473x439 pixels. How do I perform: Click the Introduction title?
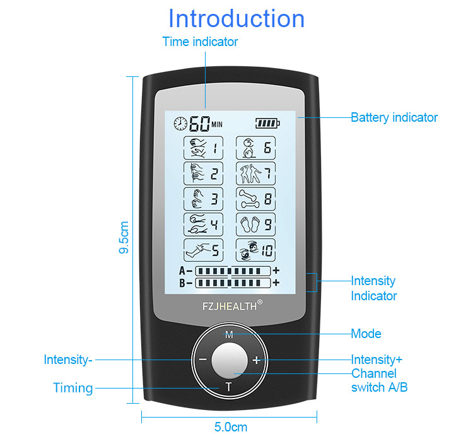tap(237, 18)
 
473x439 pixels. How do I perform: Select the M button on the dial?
tap(229, 334)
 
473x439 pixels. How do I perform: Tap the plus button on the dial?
tap(255, 361)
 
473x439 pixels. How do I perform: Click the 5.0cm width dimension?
tap(230, 427)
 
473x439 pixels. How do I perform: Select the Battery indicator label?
tap(394, 117)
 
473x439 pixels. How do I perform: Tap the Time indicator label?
tap(200, 42)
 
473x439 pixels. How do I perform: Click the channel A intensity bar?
tap(233, 271)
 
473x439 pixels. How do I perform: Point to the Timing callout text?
tap(73, 388)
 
